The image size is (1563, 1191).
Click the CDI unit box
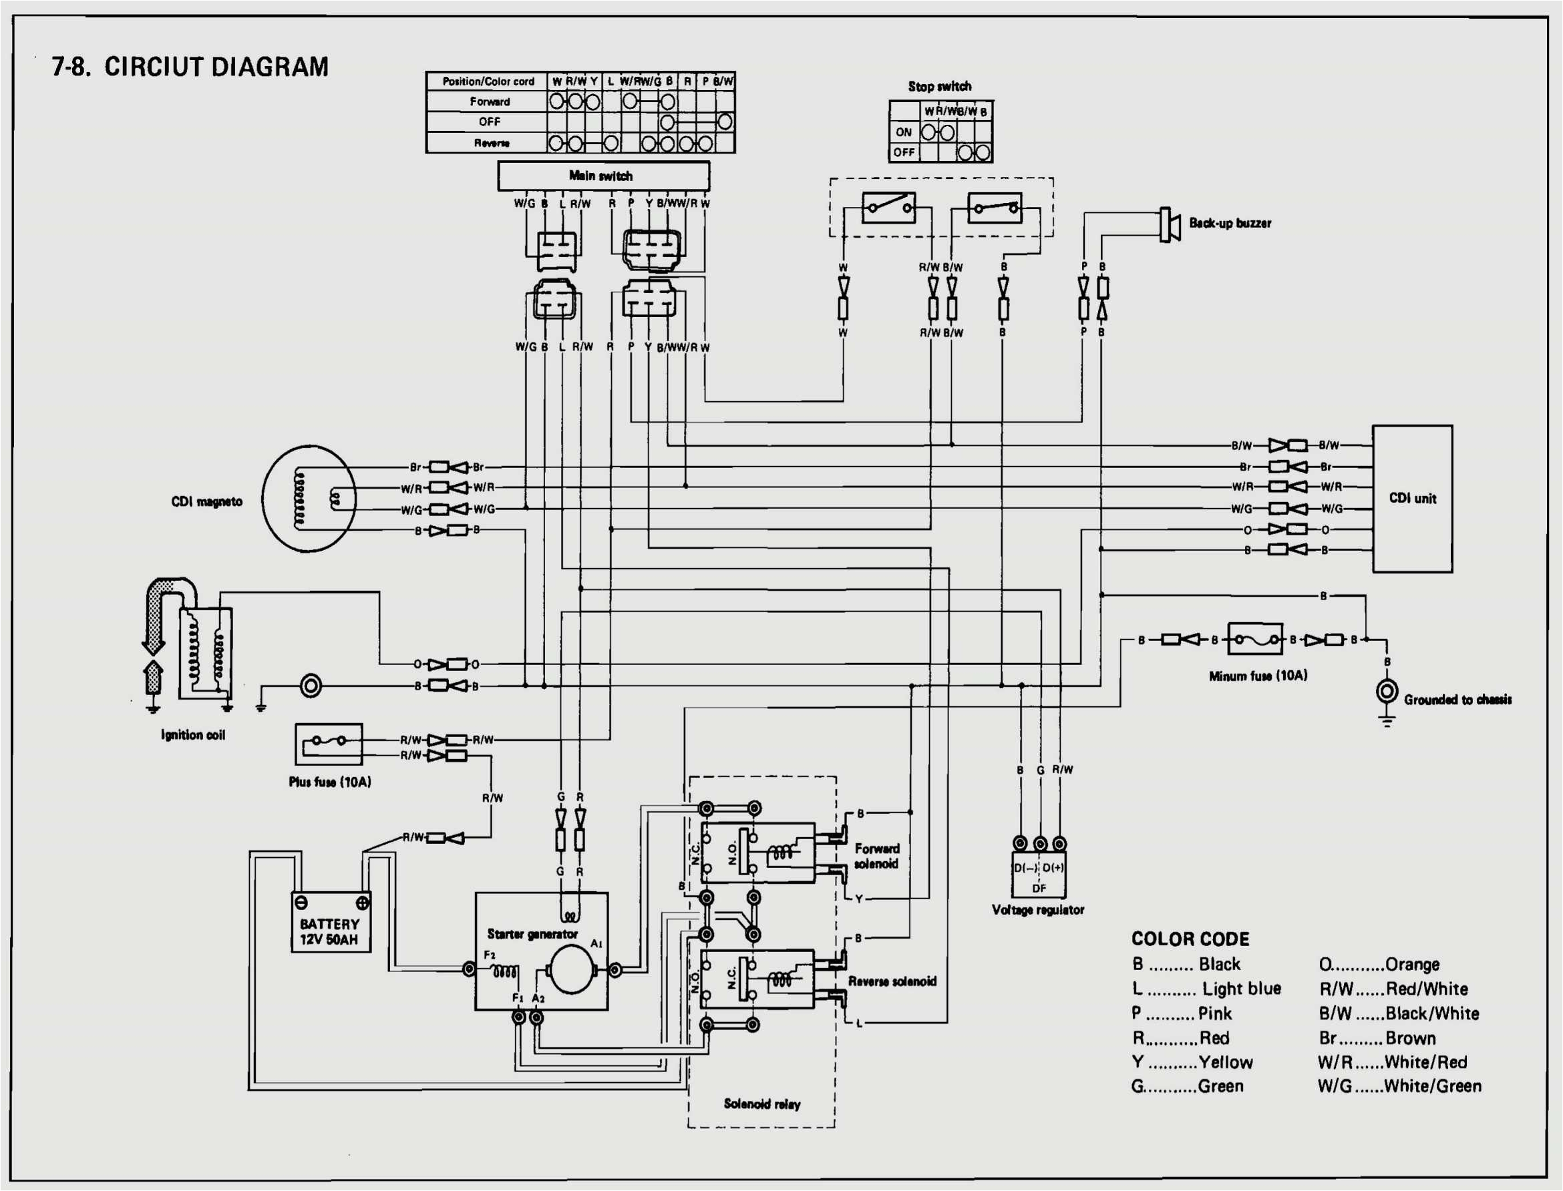pos(1412,499)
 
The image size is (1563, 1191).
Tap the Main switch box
pos(602,176)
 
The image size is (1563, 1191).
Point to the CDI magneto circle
pos(309,499)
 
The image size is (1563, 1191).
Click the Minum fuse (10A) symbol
pos(1254,640)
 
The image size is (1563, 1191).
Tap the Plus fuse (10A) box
pos(329,744)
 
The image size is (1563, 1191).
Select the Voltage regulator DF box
pos(1038,878)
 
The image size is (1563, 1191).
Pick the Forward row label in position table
pos(490,101)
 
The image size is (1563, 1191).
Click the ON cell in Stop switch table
pos(904,132)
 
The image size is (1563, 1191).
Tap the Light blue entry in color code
pos(1206,988)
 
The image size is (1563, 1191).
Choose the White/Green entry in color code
pos(1399,1086)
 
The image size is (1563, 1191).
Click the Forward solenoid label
pos(876,856)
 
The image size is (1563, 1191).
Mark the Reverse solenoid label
pos(892,981)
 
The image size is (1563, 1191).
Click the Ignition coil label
pos(193,735)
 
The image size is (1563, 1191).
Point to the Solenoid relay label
pos(761,1104)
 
